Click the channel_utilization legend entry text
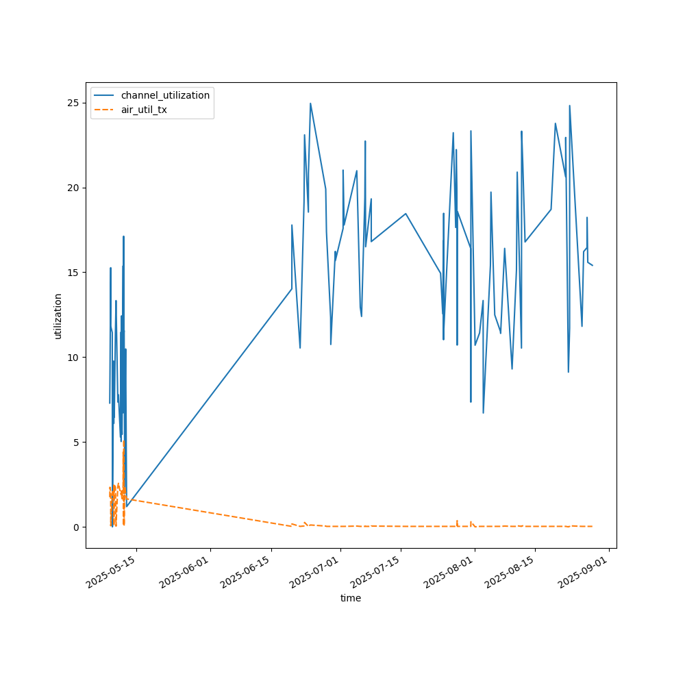coord(165,95)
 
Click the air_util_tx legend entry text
coord(144,110)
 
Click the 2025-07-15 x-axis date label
coord(375,573)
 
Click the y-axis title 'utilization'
coord(58,316)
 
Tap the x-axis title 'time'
coord(351,598)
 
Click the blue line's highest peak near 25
coord(310,103)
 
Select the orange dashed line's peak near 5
coord(123,443)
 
